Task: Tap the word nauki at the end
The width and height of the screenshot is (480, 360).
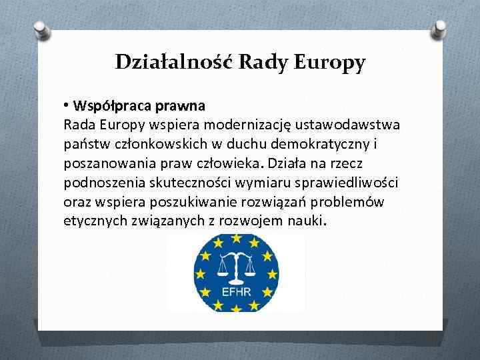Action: (304, 220)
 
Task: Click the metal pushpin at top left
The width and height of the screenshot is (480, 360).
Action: (40, 30)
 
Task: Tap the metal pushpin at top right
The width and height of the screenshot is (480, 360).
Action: (440, 29)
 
